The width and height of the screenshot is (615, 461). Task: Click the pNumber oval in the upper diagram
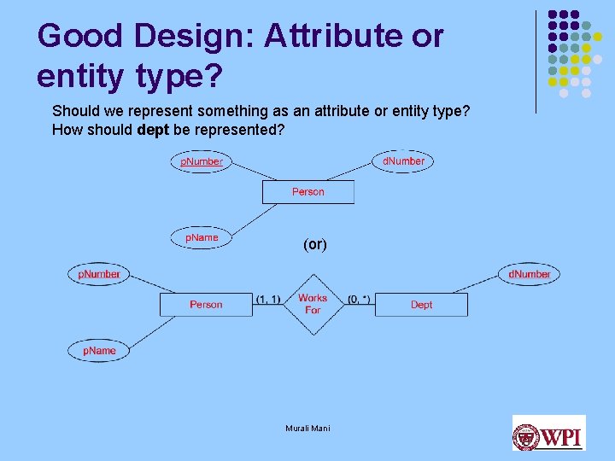(x=201, y=161)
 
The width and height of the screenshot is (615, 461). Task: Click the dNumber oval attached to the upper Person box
(x=403, y=160)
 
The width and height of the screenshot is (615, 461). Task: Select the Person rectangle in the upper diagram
(x=307, y=192)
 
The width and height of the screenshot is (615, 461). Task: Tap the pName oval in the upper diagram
(x=202, y=237)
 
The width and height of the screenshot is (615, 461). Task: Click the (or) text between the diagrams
(x=314, y=244)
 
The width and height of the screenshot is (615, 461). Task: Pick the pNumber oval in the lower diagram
(x=99, y=274)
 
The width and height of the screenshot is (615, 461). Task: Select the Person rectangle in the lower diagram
(x=206, y=305)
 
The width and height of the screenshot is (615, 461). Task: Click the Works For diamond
(x=313, y=304)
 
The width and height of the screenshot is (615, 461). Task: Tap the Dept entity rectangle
(x=421, y=305)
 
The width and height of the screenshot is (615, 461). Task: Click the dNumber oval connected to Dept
(x=529, y=274)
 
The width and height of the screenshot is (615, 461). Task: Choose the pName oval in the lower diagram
(x=99, y=351)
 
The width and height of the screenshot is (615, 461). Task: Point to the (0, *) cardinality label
(x=359, y=299)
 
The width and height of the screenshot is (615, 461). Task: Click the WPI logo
(x=548, y=433)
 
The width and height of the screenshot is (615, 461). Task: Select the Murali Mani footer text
(x=307, y=428)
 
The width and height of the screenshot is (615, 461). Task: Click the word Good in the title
(x=75, y=36)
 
